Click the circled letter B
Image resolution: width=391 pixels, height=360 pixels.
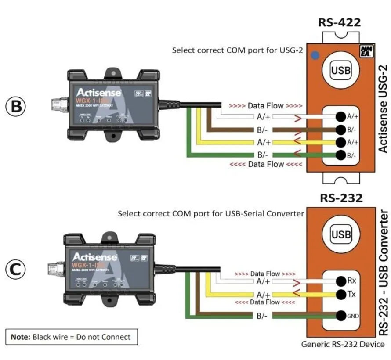point(16,106)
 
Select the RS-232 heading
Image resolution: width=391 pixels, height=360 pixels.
point(341,198)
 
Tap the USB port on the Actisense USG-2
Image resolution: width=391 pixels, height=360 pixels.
point(341,70)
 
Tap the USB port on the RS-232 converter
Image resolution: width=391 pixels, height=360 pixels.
point(341,234)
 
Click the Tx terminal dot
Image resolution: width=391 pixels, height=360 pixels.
point(340,294)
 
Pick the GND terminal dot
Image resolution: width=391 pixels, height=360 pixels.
point(340,315)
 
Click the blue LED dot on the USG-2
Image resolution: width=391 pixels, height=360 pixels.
point(314,55)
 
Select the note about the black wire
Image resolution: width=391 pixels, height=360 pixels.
point(71,337)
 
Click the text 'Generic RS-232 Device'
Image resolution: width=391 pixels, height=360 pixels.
point(343,344)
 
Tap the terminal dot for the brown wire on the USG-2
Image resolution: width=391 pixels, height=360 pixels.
point(340,130)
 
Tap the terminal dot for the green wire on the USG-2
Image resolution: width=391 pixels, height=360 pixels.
point(340,155)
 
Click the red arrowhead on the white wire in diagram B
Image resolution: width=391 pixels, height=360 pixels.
point(297,117)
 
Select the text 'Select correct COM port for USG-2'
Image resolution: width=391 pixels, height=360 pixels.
point(237,50)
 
